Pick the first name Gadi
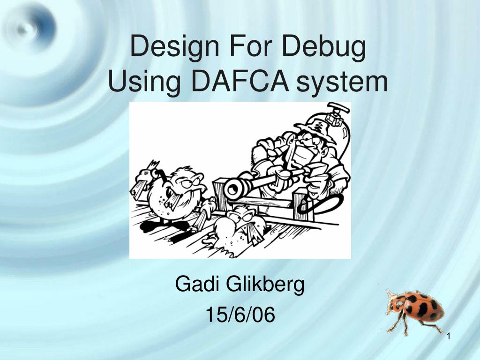pyautogui.click(x=197, y=284)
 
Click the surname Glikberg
pyautogui.click(x=265, y=284)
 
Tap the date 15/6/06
pyautogui.click(x=240, y=315)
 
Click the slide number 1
pyautogui.click(x=449, y=336)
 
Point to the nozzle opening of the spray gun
pyautogui.click(x=232, y=189)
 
